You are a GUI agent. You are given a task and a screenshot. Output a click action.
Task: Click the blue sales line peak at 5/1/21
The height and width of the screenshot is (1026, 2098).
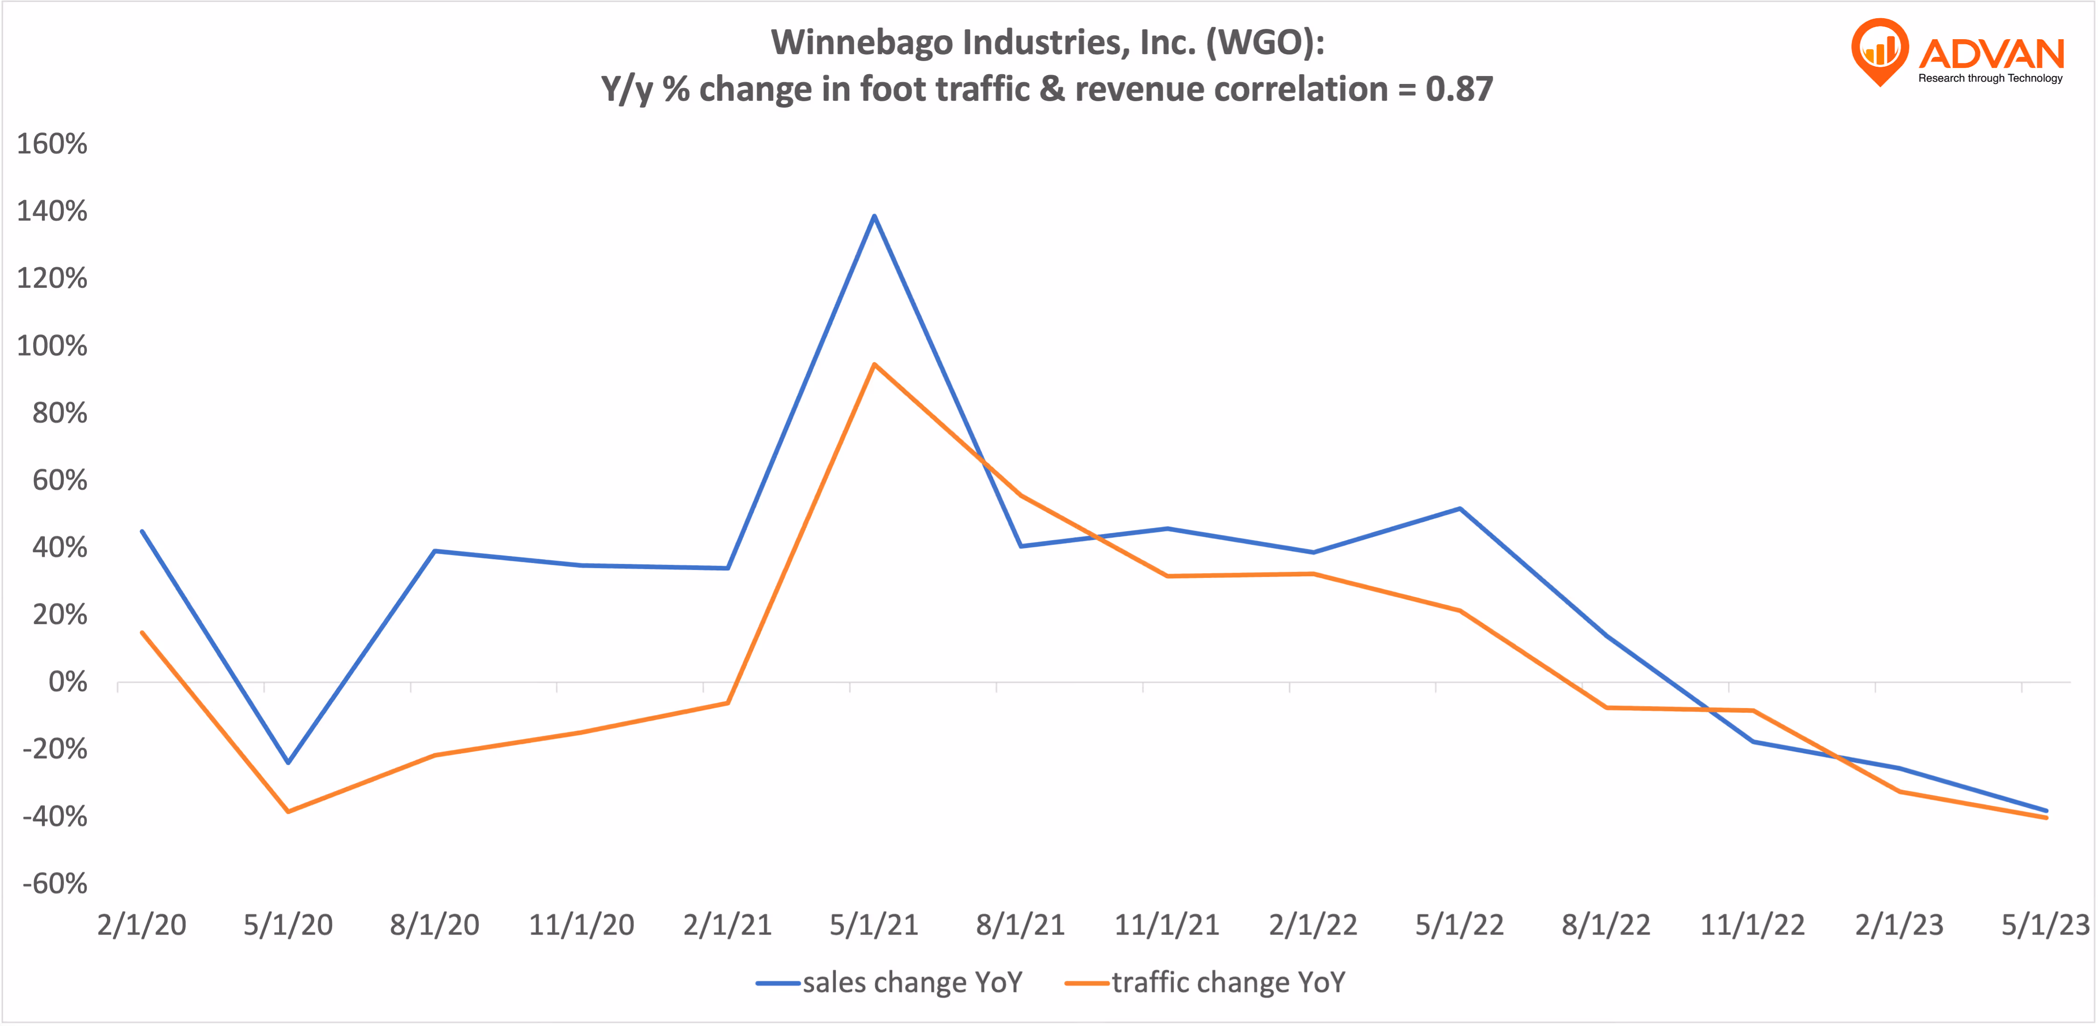click(x=874, y=216)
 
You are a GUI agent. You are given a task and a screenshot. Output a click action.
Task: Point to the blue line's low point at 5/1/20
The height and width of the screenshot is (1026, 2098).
click(x=288, y=762)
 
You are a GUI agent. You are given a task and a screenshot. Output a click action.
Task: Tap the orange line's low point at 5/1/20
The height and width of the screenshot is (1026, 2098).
click(x=288, y=811)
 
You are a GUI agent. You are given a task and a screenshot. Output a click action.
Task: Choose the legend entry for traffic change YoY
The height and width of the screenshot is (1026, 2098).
click(x=1205, y=983)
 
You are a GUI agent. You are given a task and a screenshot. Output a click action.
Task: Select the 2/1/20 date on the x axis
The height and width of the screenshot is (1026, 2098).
click(x=142, y=925)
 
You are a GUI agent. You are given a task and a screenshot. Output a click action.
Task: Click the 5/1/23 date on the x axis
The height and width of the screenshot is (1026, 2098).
click(x=2045, y=925)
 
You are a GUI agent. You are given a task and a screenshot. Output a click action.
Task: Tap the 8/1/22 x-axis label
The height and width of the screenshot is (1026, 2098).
click(x=1606, y=925)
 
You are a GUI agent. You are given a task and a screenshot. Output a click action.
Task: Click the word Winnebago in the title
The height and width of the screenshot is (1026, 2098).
click(x=862, y=42)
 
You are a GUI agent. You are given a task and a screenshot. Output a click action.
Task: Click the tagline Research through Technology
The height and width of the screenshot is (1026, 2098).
click(x=1991, y=78)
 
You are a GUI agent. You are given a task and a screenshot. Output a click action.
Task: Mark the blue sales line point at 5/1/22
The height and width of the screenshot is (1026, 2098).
click(x=1460, y=509)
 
